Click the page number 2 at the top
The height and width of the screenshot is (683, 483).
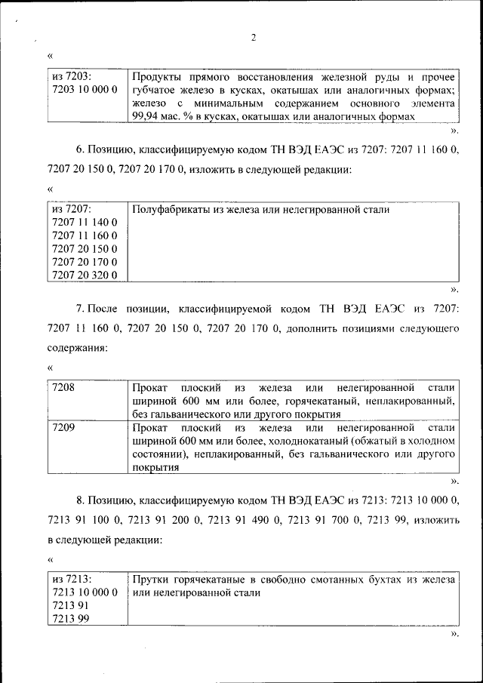click(254, 38)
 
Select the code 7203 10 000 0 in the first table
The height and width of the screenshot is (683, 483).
click(84, 90)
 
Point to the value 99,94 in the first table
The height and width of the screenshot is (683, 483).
click(146, 116)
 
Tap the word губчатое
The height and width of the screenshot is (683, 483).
click(155, 90)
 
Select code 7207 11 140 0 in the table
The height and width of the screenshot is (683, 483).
click(84, 223)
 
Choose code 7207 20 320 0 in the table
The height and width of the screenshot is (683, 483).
click(84, 275)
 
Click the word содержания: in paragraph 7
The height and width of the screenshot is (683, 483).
click(77, 348)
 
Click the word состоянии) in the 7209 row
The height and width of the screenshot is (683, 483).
click(158, 454)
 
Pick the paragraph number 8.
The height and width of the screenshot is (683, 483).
click(79, 500)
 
